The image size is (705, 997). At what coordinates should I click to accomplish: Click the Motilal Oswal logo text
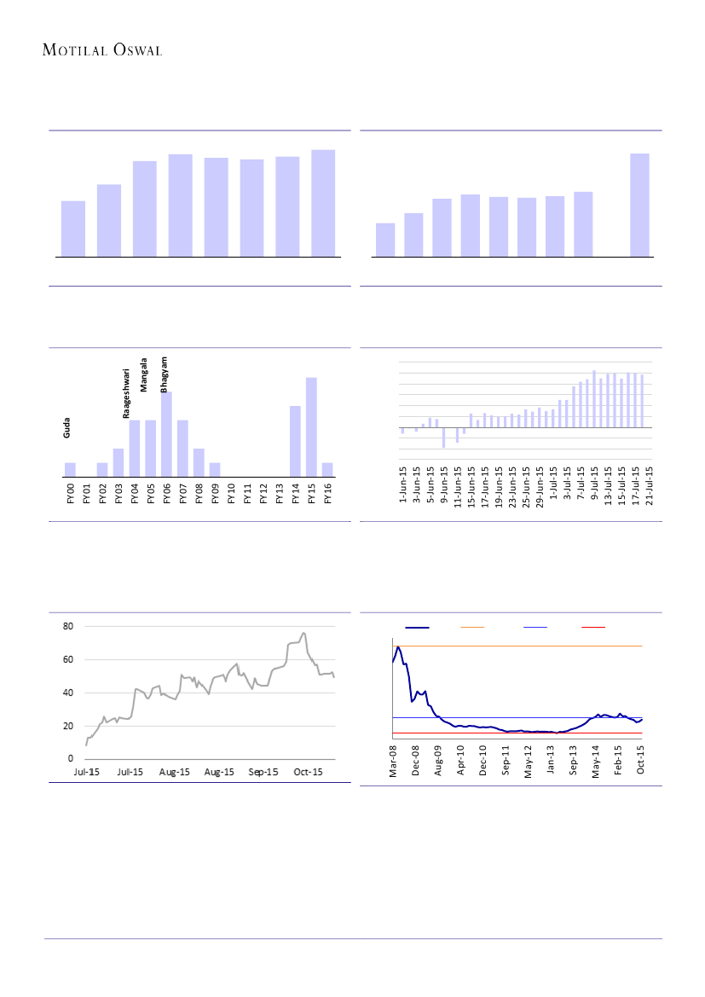coord(102,50)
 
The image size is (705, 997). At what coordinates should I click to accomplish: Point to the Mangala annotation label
coord(145,374)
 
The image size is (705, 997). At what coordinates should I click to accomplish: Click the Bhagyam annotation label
coord(165,375)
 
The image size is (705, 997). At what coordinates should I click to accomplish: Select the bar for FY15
coord(311,426)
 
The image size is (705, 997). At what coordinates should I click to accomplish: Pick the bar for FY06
coord(166,434)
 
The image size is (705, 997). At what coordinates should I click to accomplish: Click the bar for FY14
coord(295,441)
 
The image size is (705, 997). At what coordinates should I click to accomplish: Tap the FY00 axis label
coord(71,494)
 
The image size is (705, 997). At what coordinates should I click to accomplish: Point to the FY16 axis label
coord(327,494)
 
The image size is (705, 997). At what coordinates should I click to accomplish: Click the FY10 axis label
coord(231,494)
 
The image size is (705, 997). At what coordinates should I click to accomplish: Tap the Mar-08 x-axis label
coord(394,760)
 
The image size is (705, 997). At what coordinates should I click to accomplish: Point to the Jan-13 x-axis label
coord(552,760)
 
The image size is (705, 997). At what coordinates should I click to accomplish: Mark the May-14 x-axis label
coord(597,760)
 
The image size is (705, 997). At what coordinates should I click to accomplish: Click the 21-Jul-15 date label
coord(650,485)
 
